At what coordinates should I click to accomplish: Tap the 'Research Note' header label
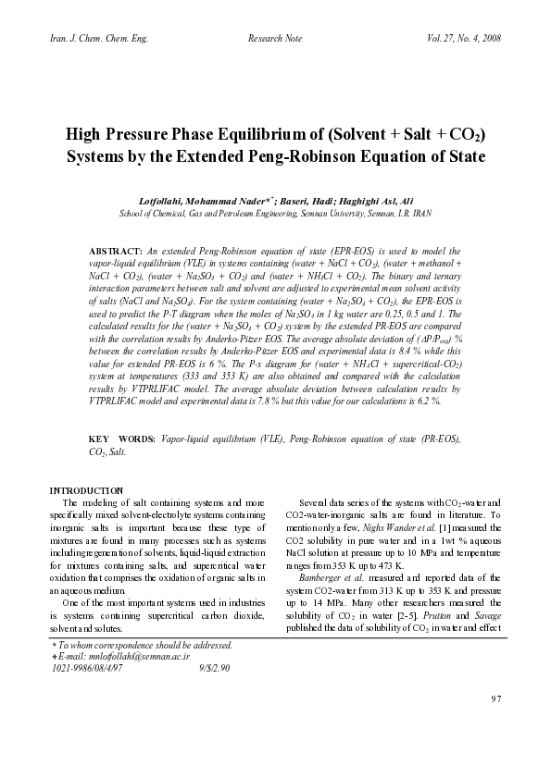tap(276, 38)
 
